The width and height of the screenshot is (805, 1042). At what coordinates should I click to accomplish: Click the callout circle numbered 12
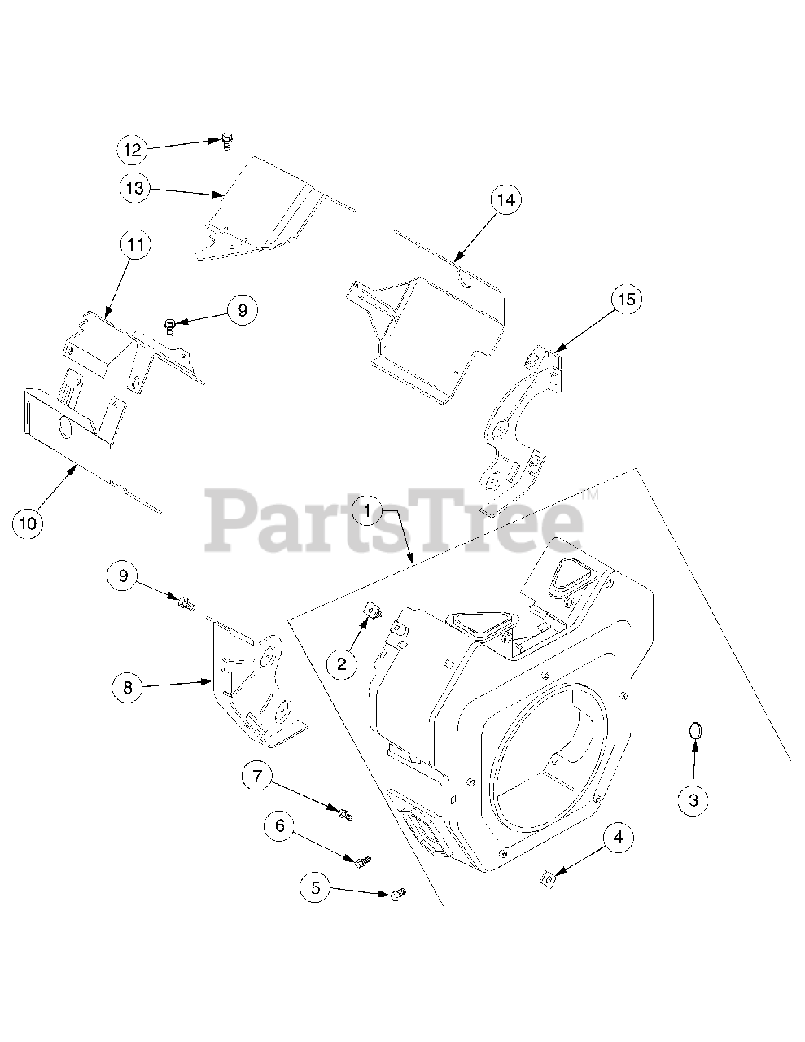[x=132, y=149]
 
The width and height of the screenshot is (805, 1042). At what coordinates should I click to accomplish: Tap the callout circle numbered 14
[x=505, y=200]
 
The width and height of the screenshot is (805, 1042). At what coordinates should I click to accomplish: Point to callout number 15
[x=625, y=300]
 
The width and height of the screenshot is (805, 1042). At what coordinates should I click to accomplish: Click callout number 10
[x=28, y=523]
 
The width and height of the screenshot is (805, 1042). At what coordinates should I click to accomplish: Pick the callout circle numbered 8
[x=127, y=688]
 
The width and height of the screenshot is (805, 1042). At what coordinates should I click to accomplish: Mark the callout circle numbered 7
[x=257, y=777]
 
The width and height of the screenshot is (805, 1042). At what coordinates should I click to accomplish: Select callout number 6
[x=279, y=826]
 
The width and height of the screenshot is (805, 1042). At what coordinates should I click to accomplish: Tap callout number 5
[x=316, y=887]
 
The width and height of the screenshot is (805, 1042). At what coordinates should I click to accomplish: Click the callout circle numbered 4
[x=618, y=837]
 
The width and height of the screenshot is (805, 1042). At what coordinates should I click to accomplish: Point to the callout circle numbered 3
[x=693, y=800]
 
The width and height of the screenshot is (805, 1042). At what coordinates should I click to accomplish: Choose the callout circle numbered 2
[x=342, y=663]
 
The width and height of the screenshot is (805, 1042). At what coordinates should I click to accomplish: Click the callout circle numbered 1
[x=368, y=511]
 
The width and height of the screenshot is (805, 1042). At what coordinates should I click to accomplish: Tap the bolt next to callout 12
[x=226, y=141]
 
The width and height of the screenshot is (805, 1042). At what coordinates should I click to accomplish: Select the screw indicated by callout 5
[x=397, y=895]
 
